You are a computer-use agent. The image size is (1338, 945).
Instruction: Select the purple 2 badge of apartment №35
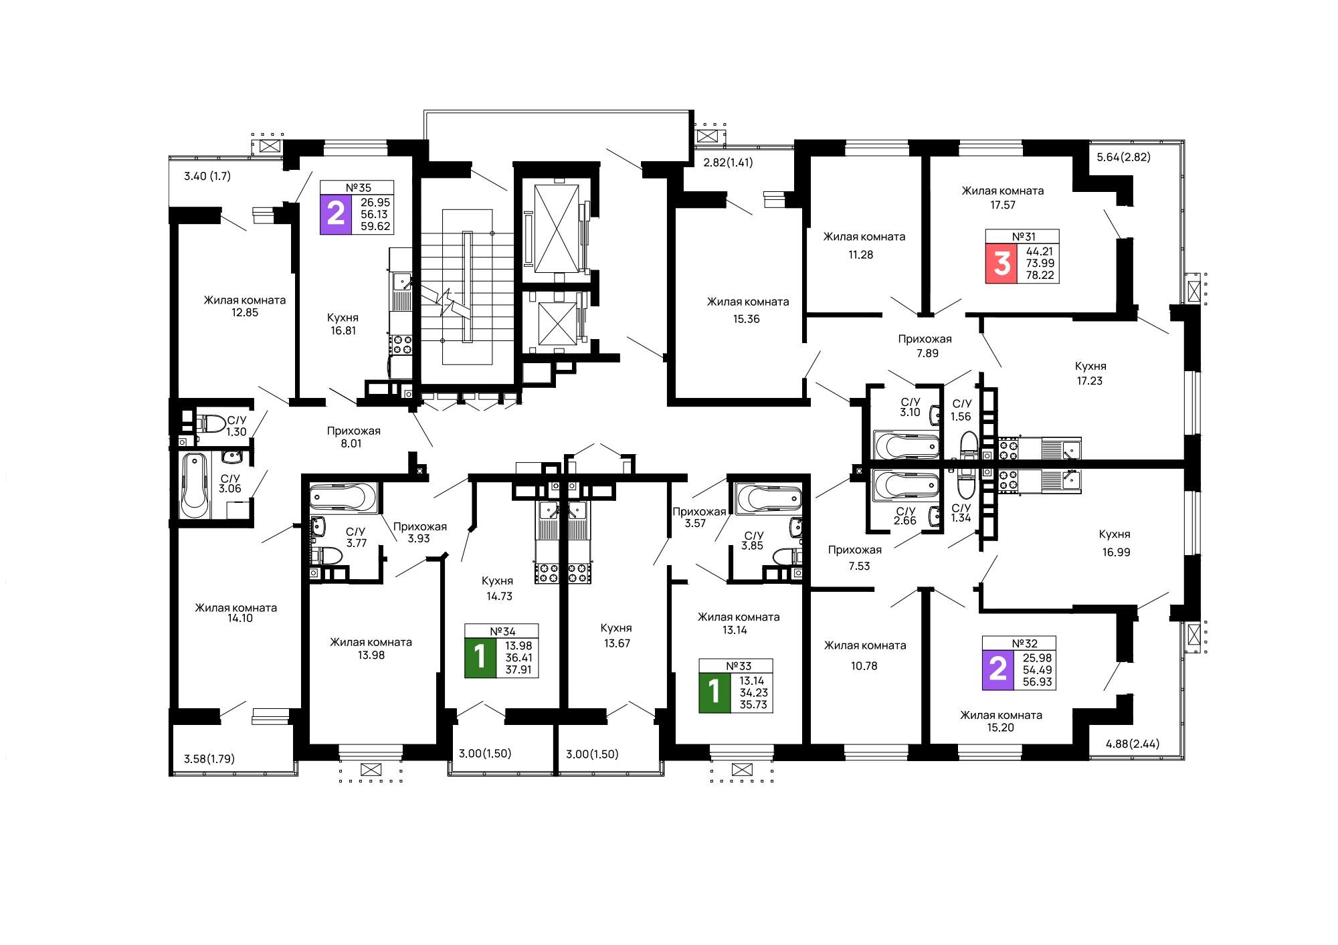click(336, 214)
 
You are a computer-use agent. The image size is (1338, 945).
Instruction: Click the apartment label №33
click(739, 665)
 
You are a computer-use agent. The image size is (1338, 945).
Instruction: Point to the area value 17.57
click(1003, 205)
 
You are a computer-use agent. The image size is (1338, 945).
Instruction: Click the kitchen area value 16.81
click(343, 330)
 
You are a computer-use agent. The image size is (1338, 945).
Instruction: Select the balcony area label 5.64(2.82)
click(1123, 157)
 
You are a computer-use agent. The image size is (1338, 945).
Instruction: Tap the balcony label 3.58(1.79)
click(209, 759)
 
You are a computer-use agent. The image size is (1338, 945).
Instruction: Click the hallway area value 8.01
click(351, 443)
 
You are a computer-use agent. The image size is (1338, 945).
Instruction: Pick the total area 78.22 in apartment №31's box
click(1040, 275)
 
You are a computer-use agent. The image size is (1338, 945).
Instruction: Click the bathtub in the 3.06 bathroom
click(195, 485)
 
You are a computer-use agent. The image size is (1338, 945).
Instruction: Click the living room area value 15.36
click(747, 319)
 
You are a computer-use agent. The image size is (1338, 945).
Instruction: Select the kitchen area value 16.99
click(1116, 552)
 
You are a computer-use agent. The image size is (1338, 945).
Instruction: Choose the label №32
click(1024, 643)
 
